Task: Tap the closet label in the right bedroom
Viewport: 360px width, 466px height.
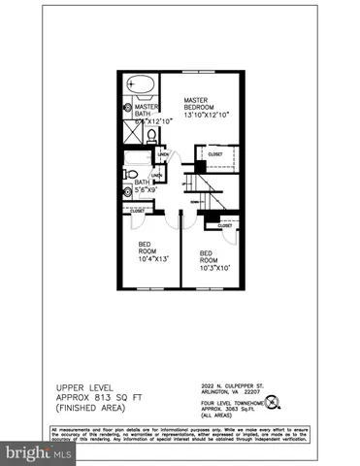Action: point(225,225)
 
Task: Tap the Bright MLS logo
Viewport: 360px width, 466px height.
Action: point(39,453)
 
